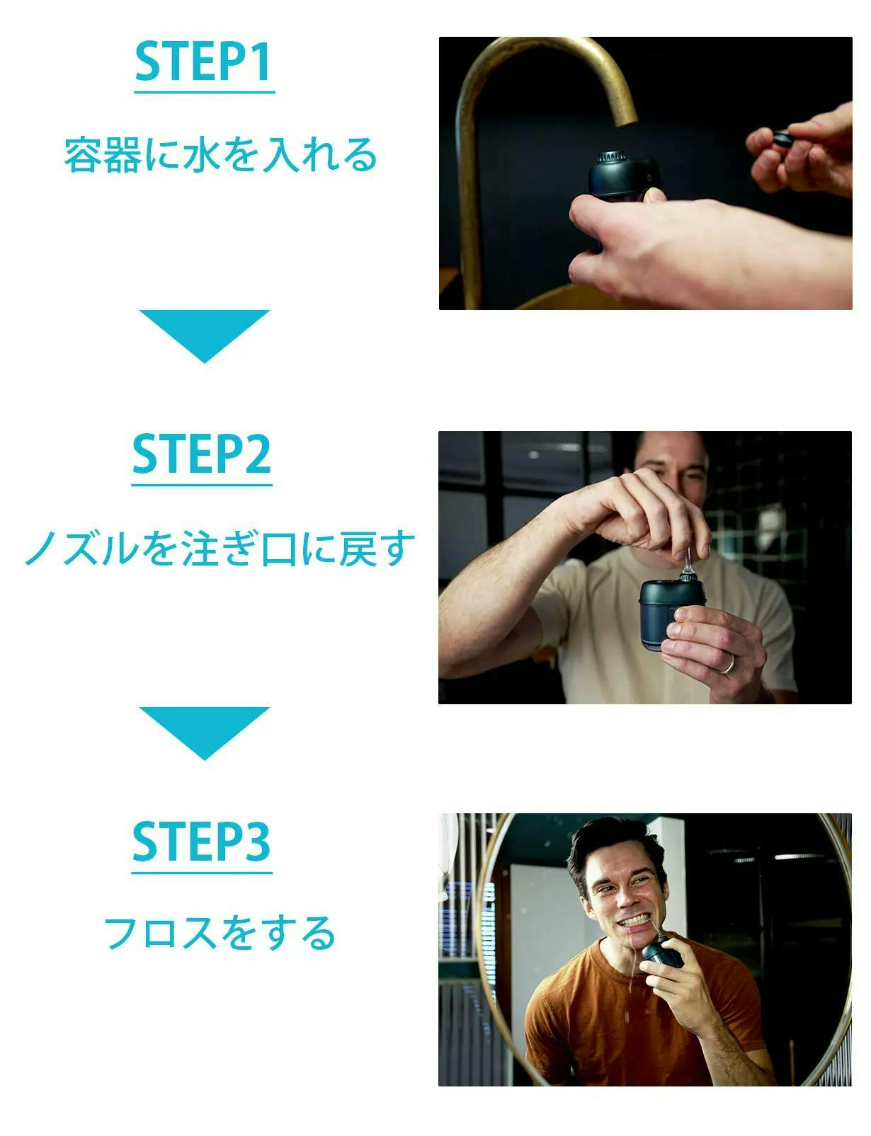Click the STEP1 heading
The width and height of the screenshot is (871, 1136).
[203, 62]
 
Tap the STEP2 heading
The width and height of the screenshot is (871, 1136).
[202, 454]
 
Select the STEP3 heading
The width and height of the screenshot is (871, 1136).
[202, 842]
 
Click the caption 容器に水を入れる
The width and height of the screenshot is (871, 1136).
[220, 155]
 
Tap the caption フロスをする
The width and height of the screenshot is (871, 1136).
[220, 933]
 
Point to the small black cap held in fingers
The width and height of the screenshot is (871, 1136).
[782, 139]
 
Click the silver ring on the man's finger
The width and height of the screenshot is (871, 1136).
[728, 665]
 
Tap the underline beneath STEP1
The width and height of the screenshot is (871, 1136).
[205, 92]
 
